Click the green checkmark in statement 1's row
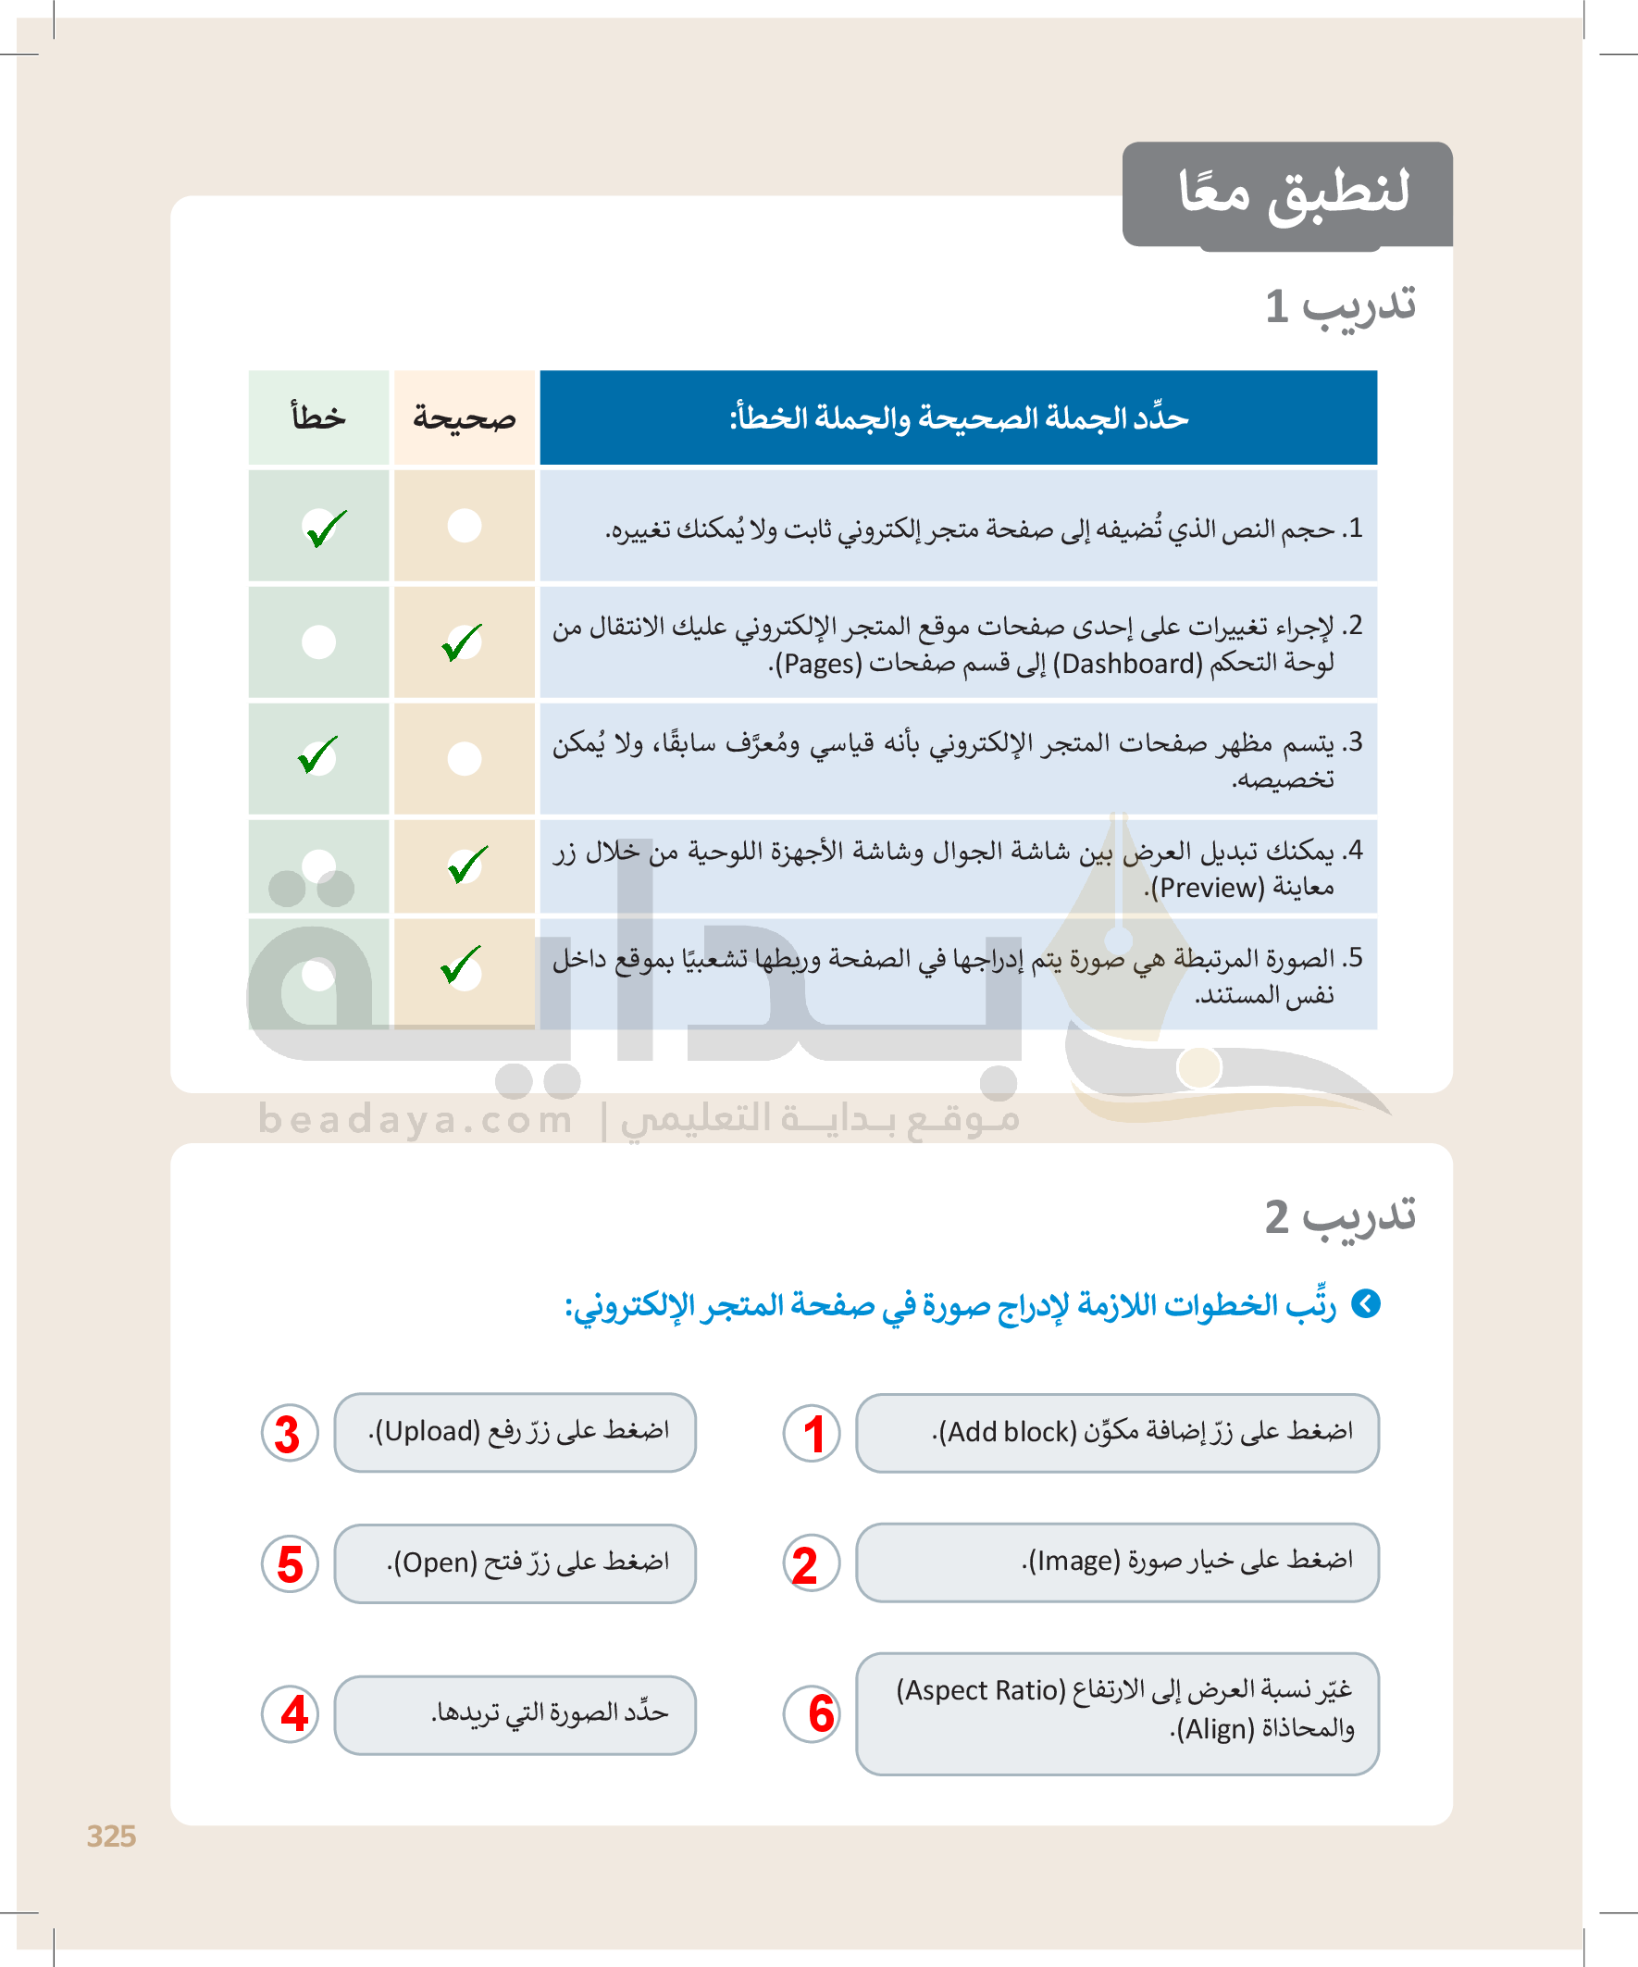tap(325, 529)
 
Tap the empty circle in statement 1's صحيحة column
tap(465, 526)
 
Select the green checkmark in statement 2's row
tap(462, 642)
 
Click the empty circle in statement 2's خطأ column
tap(318, 642)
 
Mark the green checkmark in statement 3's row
tap(317, 756)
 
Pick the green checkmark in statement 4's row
tap(466, 865)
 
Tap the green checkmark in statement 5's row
tap(461, 965)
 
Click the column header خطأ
tap(318, 417)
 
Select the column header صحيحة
tap(465, 417)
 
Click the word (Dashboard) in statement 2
tap(1126, 664)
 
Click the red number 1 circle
tap(812, 1434)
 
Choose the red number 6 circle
tap(812, 1714)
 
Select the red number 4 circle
tap(291, 1714)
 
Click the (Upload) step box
tap(515, 1432)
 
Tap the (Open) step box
tap(515, 1563)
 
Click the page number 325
tap(111, 1836)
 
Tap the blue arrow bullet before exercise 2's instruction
tap(1367, 1304)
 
